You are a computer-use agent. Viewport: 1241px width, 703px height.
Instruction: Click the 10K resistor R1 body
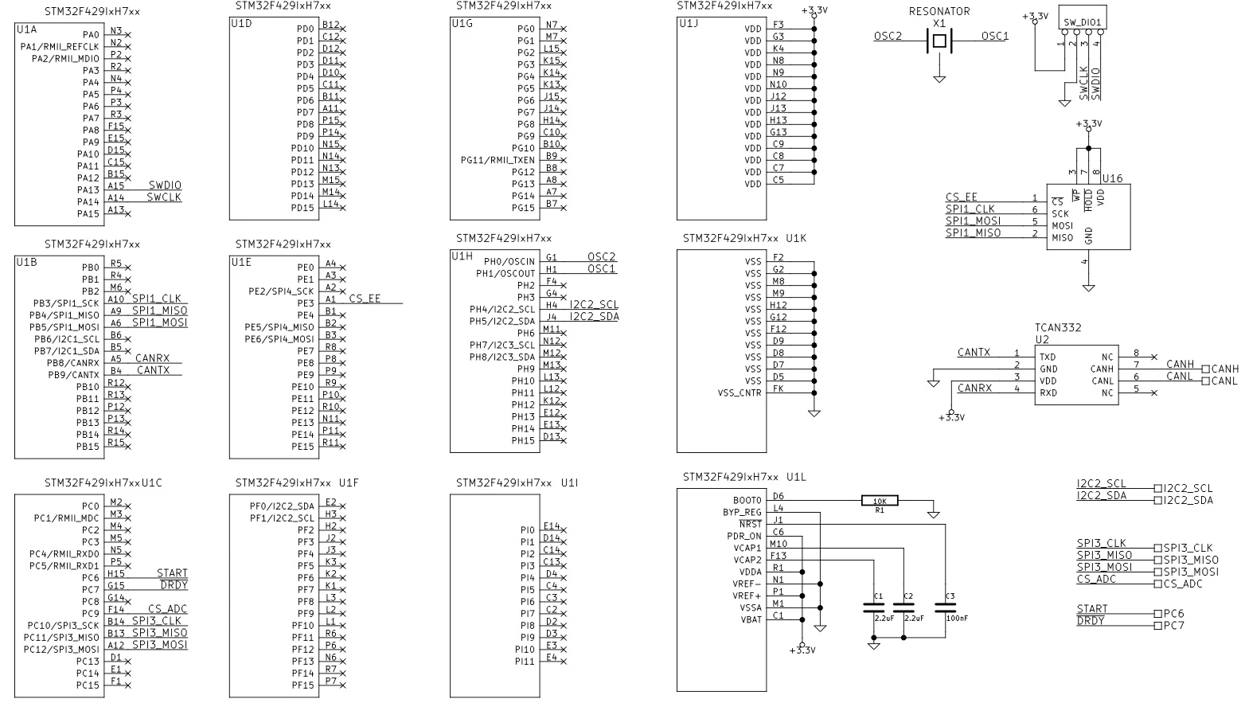point(880,501)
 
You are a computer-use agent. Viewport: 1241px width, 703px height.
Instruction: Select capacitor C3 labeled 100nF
point(945,607)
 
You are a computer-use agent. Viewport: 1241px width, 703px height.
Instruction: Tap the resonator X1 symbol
point(939,41)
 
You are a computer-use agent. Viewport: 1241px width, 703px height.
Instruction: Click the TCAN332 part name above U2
point(1058,327)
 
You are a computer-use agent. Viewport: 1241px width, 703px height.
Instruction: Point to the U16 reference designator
point(1112,178)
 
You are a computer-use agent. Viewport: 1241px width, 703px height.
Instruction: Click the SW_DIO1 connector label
point(1082,23)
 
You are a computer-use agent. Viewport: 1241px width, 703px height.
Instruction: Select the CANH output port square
point(1205,369)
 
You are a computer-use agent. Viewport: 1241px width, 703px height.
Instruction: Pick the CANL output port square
point(1205,381)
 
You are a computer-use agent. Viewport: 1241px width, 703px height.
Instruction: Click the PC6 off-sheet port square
point(1157,614)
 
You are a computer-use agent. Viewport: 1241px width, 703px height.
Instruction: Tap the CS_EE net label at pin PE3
point(365,299)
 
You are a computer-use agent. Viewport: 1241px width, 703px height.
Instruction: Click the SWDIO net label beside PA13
point(165,185)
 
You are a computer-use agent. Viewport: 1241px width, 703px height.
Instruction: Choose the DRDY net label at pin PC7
point(174,585)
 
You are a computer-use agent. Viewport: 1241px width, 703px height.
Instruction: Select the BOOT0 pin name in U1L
point(747,500)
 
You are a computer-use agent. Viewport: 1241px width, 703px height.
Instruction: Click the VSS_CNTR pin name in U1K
point(740,393)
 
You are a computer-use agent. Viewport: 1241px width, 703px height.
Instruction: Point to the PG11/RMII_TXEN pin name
point(498,160)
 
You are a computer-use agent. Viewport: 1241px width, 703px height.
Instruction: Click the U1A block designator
point(26,29)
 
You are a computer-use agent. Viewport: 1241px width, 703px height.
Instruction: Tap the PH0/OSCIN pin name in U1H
point(509,261)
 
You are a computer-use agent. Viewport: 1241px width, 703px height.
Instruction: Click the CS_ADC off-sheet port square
point(1157,584)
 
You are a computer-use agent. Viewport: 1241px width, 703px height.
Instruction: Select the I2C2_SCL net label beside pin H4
point(594,305)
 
